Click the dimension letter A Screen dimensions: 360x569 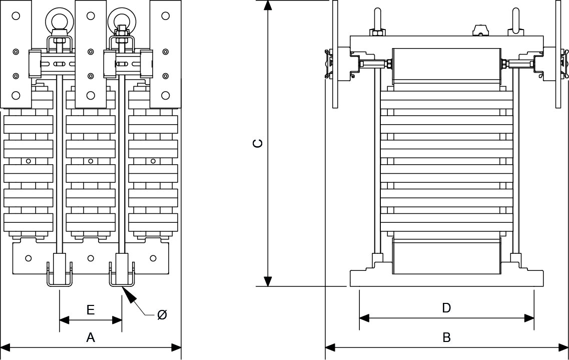point(91,338)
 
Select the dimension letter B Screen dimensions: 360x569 point(446,338)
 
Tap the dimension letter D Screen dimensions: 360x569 point(446,308)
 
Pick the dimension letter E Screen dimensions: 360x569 point(91,310)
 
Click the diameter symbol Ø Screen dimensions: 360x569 point(162,315)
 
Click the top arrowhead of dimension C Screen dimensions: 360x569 point(269,6)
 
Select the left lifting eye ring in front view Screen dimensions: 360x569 point(57,21)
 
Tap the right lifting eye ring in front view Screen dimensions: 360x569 point(120,21)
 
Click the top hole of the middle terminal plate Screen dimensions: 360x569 point(91,16)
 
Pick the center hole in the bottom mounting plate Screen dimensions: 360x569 point(91,258)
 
